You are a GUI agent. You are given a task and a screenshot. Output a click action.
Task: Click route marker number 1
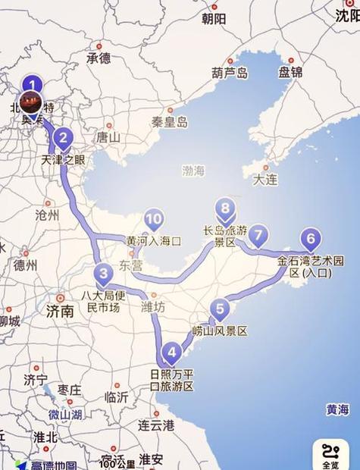(31, 85)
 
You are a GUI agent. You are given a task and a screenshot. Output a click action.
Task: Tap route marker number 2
(64, 138)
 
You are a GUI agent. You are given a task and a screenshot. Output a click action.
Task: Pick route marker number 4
(173, 352)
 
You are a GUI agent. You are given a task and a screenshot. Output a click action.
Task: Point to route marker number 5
(220, 309)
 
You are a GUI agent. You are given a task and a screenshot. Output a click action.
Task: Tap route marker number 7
(258, 235)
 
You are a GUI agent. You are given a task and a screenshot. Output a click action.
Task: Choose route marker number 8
(224, 208)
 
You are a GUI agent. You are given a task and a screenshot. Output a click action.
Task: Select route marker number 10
(154, 220)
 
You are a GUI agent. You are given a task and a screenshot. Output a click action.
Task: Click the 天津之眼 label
(64, 160)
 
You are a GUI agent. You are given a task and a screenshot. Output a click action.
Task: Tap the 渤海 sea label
(193, 171)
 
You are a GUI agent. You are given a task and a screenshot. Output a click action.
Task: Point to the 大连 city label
(265, 180)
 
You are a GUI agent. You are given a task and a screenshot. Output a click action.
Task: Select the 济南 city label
(60, 311)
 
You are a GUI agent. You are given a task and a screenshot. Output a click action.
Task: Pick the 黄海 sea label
(338, 409)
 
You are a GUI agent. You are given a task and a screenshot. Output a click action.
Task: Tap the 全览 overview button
(330, 454)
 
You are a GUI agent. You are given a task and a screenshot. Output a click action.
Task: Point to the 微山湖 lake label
(64, 415)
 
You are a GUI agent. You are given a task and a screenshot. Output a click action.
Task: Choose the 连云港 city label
(156, 425)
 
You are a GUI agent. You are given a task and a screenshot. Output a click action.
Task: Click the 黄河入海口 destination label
(154, 241)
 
